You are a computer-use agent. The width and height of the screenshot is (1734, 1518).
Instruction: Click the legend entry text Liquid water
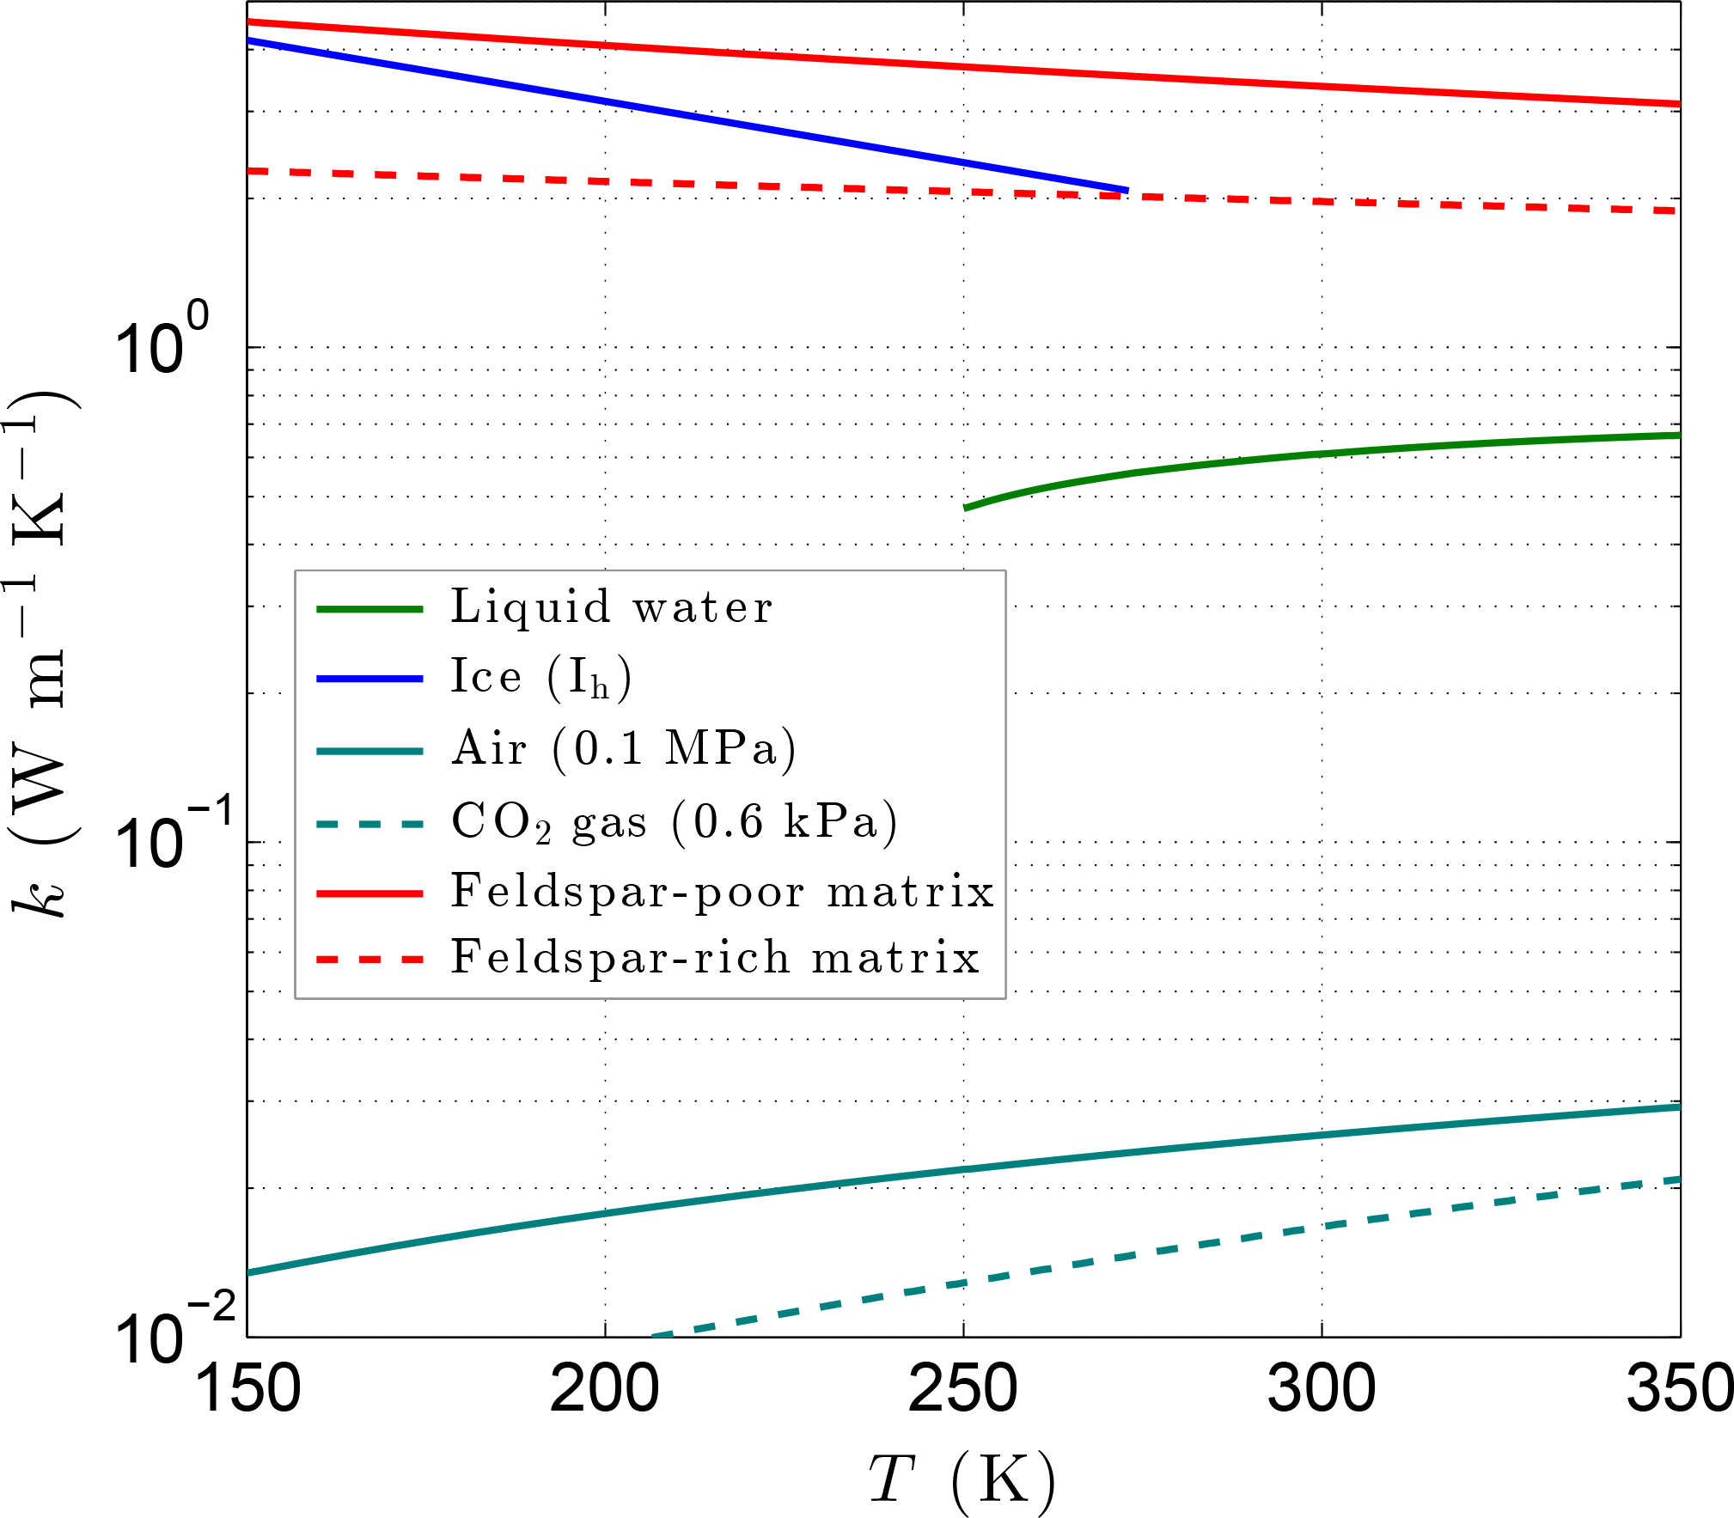point(612,607)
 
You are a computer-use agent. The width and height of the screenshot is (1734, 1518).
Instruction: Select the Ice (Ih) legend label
point(541,678)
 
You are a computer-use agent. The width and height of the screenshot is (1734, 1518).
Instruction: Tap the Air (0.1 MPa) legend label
point(625,748)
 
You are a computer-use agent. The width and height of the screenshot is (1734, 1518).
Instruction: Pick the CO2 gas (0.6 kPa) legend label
point(675,821)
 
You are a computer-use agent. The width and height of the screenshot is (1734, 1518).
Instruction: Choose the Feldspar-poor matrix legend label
point(723,891)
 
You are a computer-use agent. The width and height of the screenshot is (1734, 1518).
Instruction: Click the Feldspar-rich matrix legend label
point(715,958)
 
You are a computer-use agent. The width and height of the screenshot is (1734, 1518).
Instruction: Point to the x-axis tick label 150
point(247,1389)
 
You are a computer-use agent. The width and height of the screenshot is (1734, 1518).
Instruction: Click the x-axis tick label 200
point(605,1389)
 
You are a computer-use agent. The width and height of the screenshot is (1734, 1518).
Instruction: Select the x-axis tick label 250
point(963,1389)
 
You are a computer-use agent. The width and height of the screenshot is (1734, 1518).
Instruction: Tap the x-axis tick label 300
point(1322,1389)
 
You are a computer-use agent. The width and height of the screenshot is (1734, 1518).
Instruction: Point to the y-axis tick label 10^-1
point(172,838)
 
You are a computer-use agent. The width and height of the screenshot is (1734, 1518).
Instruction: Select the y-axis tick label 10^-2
point(172,1332)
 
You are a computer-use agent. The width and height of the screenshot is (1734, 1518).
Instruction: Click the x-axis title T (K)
point(962,1479)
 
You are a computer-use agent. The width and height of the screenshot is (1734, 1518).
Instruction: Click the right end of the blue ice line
point(1126,190)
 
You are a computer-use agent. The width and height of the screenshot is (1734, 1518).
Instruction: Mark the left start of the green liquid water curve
point(965,508)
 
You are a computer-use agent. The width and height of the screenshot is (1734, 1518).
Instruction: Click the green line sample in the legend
point(369,608)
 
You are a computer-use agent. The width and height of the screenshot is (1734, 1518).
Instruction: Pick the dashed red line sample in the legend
point(369,959)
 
